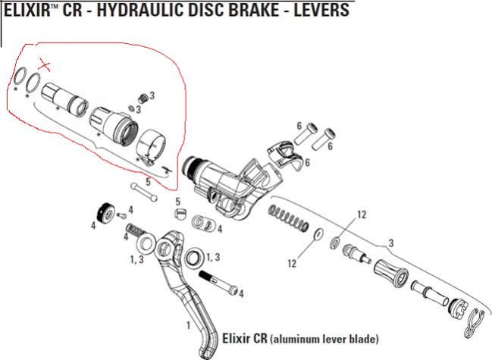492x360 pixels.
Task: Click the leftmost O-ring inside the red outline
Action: coord(20,77)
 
